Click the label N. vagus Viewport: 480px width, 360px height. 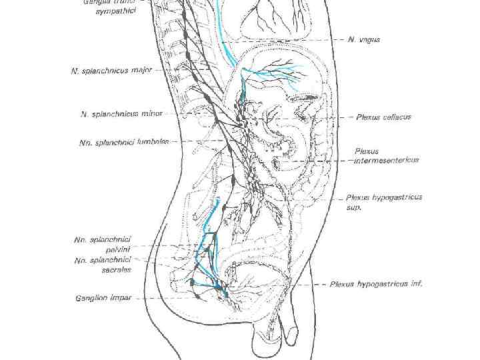tap(364, 40)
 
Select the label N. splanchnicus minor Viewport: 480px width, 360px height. tap(116, 114)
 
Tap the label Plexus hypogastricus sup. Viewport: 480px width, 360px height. tap(383, 202)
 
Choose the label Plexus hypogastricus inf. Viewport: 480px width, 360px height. tap(377, 284)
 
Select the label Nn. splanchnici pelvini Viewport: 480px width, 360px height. tap(103, 244)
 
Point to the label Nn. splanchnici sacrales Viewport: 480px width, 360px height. tap(103, 265)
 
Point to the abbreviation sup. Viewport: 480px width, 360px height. tap(353, 207)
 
